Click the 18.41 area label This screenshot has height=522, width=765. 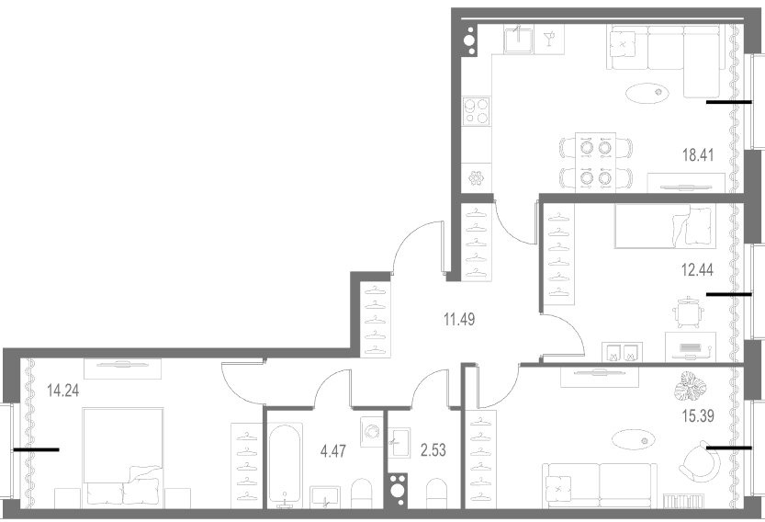tap(698, 155)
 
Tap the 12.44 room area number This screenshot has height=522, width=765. tap(697, 269)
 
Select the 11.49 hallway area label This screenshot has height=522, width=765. tap(459, 319)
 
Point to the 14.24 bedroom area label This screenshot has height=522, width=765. tap(63, 391)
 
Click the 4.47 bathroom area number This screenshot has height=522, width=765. tap(333, 450)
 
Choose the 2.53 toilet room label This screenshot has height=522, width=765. tap(433, 449)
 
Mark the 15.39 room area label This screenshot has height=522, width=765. tap(698, 416)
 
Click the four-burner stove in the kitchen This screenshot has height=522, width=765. tap(477, 111)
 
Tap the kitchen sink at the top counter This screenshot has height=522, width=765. tap(520, 39)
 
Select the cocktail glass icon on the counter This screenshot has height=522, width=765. tap(550, 38)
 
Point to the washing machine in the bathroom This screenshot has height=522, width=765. tap(373, 432)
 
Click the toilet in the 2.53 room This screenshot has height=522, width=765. tap(436, 494)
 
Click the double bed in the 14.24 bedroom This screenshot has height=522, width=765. tap(123, 458)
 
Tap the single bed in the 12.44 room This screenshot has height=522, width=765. tap(666, 227)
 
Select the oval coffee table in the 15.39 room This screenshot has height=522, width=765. tap(634, 439)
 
